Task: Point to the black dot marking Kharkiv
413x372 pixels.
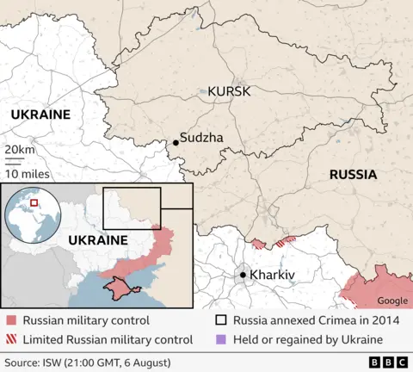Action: [x=243, y=275]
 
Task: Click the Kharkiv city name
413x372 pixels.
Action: [x=272, y=275]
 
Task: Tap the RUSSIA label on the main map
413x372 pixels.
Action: [x=353, y=174]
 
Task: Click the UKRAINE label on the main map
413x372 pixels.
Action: [x=40, y=115]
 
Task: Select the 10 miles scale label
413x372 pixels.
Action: [x=26, y=173]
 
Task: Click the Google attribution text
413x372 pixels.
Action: [x=392, y=301]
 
